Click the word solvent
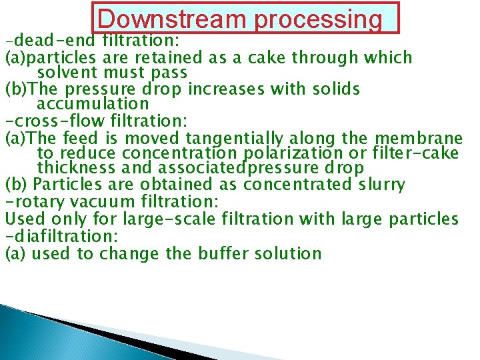coord(67,72)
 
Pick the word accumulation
coord(93,104)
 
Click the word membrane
coord(417,138)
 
